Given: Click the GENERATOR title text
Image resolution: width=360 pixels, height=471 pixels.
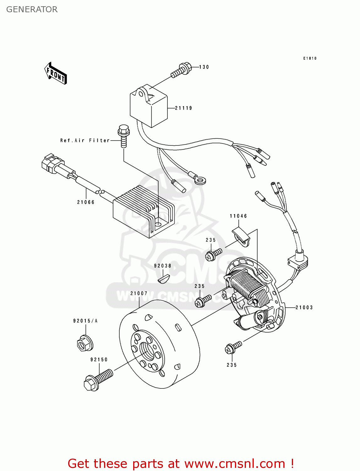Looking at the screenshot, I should [32, 9].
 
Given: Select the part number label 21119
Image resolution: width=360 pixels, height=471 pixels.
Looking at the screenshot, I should [183, 108].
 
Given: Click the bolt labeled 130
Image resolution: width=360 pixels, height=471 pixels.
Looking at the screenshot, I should [182, 70].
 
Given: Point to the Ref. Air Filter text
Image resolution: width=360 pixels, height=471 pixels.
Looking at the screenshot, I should [85, 140].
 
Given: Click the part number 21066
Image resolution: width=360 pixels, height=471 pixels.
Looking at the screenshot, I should [86, 202].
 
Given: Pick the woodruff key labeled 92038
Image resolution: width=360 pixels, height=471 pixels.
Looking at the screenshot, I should [163, 279].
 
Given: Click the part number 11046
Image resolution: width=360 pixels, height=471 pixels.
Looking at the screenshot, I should [238, 216].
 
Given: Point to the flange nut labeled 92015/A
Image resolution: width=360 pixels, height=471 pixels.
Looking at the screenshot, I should [85, 344].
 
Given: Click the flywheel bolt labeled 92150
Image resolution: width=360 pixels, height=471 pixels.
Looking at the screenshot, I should [97, 379].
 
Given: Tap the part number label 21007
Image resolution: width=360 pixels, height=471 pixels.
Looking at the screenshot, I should [139, 294].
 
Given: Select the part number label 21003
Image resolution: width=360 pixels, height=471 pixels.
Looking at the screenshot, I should [304, 308].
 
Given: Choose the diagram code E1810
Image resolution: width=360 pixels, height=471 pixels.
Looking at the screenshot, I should [310, 58].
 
